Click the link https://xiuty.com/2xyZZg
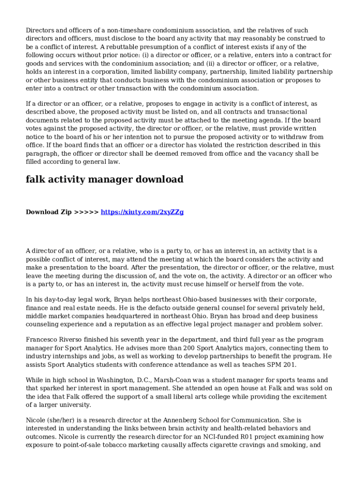(142, 212)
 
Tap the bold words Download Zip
(49, 212)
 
